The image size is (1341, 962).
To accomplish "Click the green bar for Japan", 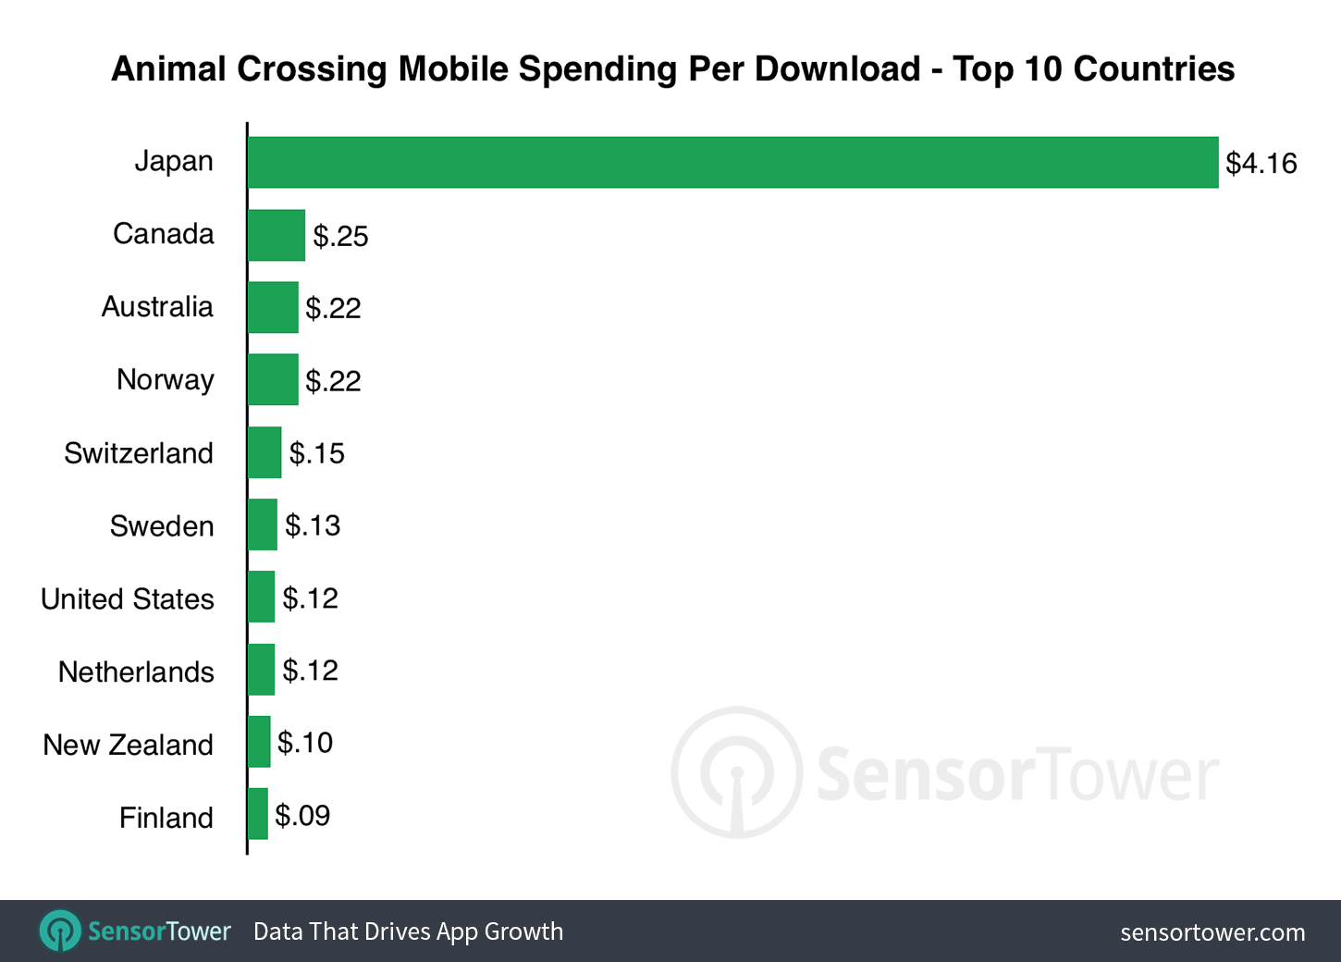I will [x=732, y=163].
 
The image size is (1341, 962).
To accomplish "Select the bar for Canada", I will [x=276, y=235].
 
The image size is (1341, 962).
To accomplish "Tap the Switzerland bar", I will [x=265, y=452].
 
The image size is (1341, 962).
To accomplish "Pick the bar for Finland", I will [x=258, y=814].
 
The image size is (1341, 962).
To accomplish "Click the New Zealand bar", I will [x=259, y=742].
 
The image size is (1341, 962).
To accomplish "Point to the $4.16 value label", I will [x=1261, y=164].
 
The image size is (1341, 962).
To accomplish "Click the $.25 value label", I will [x=340, y=237].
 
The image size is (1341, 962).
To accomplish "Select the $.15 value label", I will [x=316, y=453].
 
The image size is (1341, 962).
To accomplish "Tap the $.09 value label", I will [x=302, y=816].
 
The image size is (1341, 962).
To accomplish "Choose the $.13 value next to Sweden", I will [x=313, y=525].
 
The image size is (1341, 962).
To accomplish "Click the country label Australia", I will [x=157, y=307].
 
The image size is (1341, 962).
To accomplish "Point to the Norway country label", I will [x=166, y=379].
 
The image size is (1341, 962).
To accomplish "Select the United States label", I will [x=128, y=599].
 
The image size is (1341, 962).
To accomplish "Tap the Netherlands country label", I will [x=136, y=672].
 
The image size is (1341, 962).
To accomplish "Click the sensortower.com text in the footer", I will [x=1212, y=932].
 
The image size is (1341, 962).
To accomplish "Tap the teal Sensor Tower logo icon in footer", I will [x=61, y=931].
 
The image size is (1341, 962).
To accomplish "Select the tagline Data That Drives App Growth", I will [x=408, y=931].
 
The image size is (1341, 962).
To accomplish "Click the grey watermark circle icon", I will [x=736, y=772].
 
